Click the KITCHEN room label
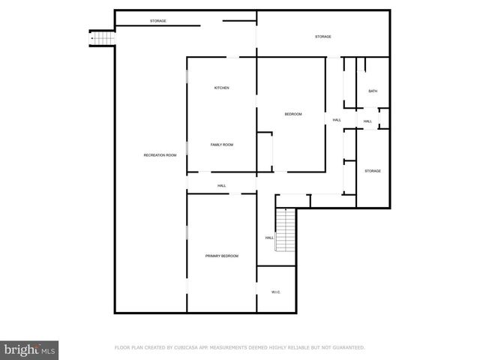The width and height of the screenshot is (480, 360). pyautogui.click(x=221, y=88)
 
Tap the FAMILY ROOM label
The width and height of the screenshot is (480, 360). pyautogui.click(x=221, y=144)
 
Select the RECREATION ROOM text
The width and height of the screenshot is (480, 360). pyautogui.click(x=160, y=155)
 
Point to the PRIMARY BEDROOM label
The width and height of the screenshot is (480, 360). pyautogui.click(x=222, y=256)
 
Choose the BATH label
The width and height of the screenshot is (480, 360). pyautogui.click(x=373, y=91)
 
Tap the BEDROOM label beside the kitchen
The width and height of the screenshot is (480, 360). pyautogui.click(x=292, y=114)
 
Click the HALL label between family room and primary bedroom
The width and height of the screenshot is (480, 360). pyautogui.click(x=222, y=186)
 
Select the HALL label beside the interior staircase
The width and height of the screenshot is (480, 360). pyautogui.click(x=269, y=238)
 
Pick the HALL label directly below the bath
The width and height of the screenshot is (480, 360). pyautogui.click(x=367, y=121)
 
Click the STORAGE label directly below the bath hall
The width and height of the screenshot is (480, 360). pyautogui.click(x=373, y=171)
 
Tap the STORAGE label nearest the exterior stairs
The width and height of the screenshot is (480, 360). pyautogui.click(x=158, y=20)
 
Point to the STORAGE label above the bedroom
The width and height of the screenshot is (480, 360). pyautogui.click(x=322, y=37)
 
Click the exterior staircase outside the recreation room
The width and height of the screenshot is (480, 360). pyautogui.click(x=101, y=37)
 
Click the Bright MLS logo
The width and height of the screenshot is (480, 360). pyautogui.click(x=29, y=349)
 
